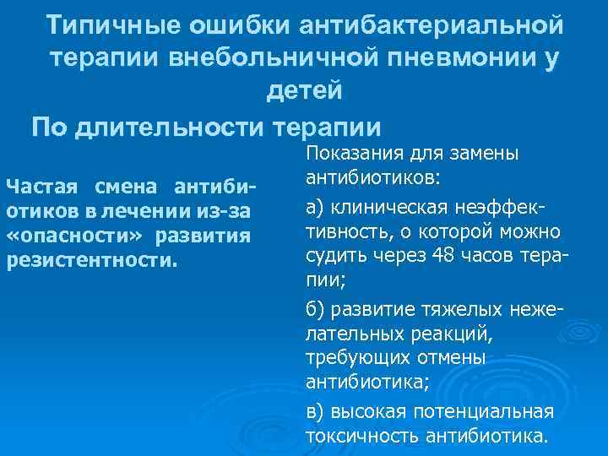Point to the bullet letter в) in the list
[316, 411]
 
